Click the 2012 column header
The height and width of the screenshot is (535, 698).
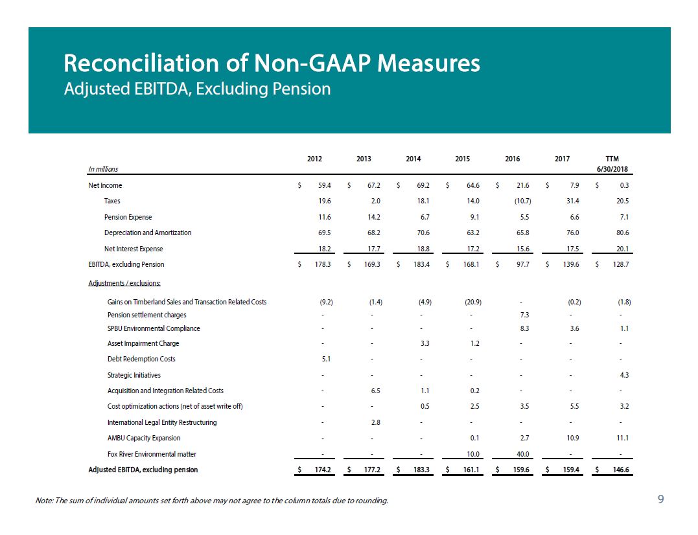click(314, 159)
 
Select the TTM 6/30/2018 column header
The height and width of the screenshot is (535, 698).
click(612, 164)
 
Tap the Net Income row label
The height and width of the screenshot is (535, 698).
click(105, 185)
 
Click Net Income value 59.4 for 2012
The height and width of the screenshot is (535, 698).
click(325, 185)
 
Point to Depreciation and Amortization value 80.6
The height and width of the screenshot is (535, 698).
click(622, 233)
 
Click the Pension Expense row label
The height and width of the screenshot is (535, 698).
click(128, 217)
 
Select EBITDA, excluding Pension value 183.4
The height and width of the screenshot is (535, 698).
click(421, 264)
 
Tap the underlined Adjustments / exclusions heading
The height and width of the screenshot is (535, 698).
click(124, 283)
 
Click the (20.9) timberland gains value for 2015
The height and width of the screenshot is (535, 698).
click(472, 302)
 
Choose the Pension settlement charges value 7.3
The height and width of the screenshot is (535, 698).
click(524, 315)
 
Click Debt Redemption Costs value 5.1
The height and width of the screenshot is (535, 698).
click(326, 359)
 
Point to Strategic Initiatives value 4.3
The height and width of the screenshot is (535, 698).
click(624, 376)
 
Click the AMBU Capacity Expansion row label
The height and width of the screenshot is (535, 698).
click(144, 438)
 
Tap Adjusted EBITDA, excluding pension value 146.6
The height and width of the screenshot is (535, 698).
click(621, 470)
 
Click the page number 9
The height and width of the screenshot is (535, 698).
click(660, 499)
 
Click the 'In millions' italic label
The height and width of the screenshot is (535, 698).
click(103, 169)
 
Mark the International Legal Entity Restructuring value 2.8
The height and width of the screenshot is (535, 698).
click(375, 422)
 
